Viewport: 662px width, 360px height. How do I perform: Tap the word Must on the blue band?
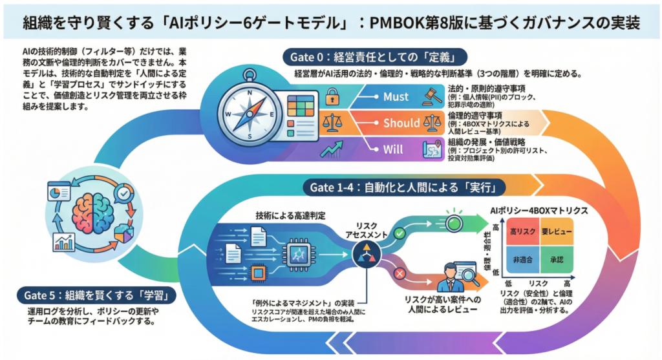pyautogui.click(x=396, y=96)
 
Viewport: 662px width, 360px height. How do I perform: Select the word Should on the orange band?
pyautogui.click(x=401, y=122)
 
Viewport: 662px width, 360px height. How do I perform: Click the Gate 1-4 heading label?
pyautogui.click(x=404, y=188)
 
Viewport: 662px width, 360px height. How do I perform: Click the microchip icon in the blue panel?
pyautogui.click(x=298, y=255)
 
